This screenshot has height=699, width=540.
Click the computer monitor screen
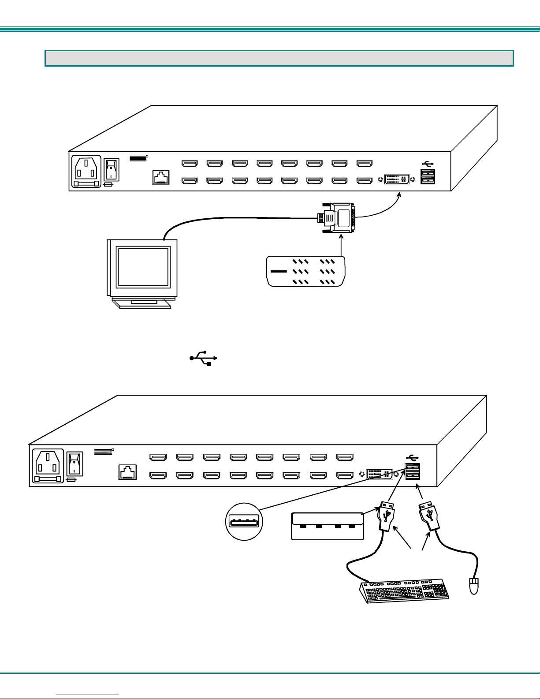click(x=143, y=267)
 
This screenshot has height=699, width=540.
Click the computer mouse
click(x=474, y=586)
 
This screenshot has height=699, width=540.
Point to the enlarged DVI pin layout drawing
click(x=306, y=271)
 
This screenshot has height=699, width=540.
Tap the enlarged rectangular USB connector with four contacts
click(x=328, y=526)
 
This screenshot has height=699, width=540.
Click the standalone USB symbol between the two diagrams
click(x=204, y=358)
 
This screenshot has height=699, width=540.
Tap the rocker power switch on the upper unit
click(x=111, y=170)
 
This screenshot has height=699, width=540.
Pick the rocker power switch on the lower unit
click(x=75, y=464)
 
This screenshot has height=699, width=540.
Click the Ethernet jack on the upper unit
click(x=161, y=177)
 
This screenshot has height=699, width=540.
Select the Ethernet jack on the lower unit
click(x=127, y=473)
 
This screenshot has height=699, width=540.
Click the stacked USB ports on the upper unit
click(x=428, y=176)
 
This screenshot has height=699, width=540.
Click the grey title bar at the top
click(x=279, y=58)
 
